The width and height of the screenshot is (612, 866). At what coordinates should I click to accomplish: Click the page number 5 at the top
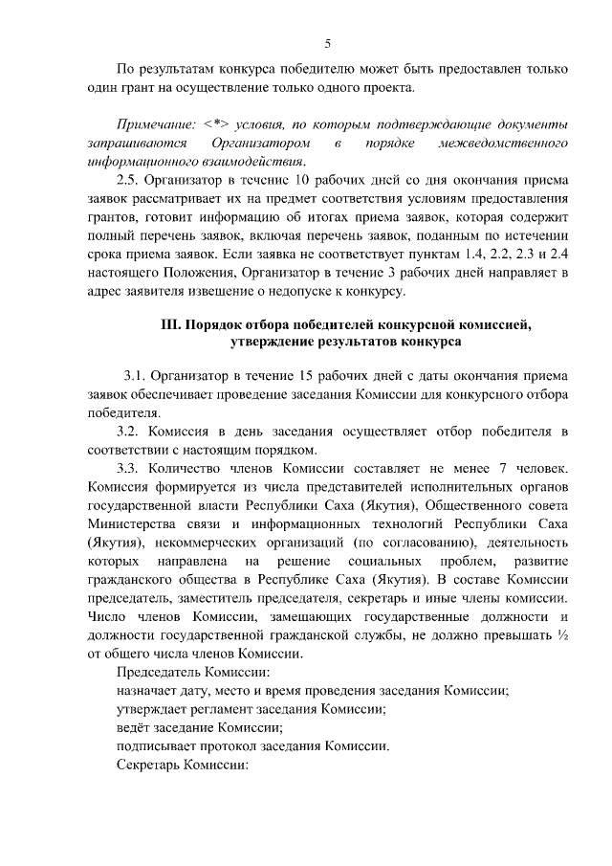(x=328, y=43)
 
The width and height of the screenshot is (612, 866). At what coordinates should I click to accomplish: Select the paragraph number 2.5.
(x=129, y=180)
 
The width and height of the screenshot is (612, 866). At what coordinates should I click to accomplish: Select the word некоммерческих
(x=194, y=543)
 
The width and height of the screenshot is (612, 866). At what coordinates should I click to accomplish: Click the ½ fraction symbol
(x=563, y=635)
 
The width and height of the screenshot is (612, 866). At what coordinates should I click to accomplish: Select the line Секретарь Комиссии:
(x=181, y=766)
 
